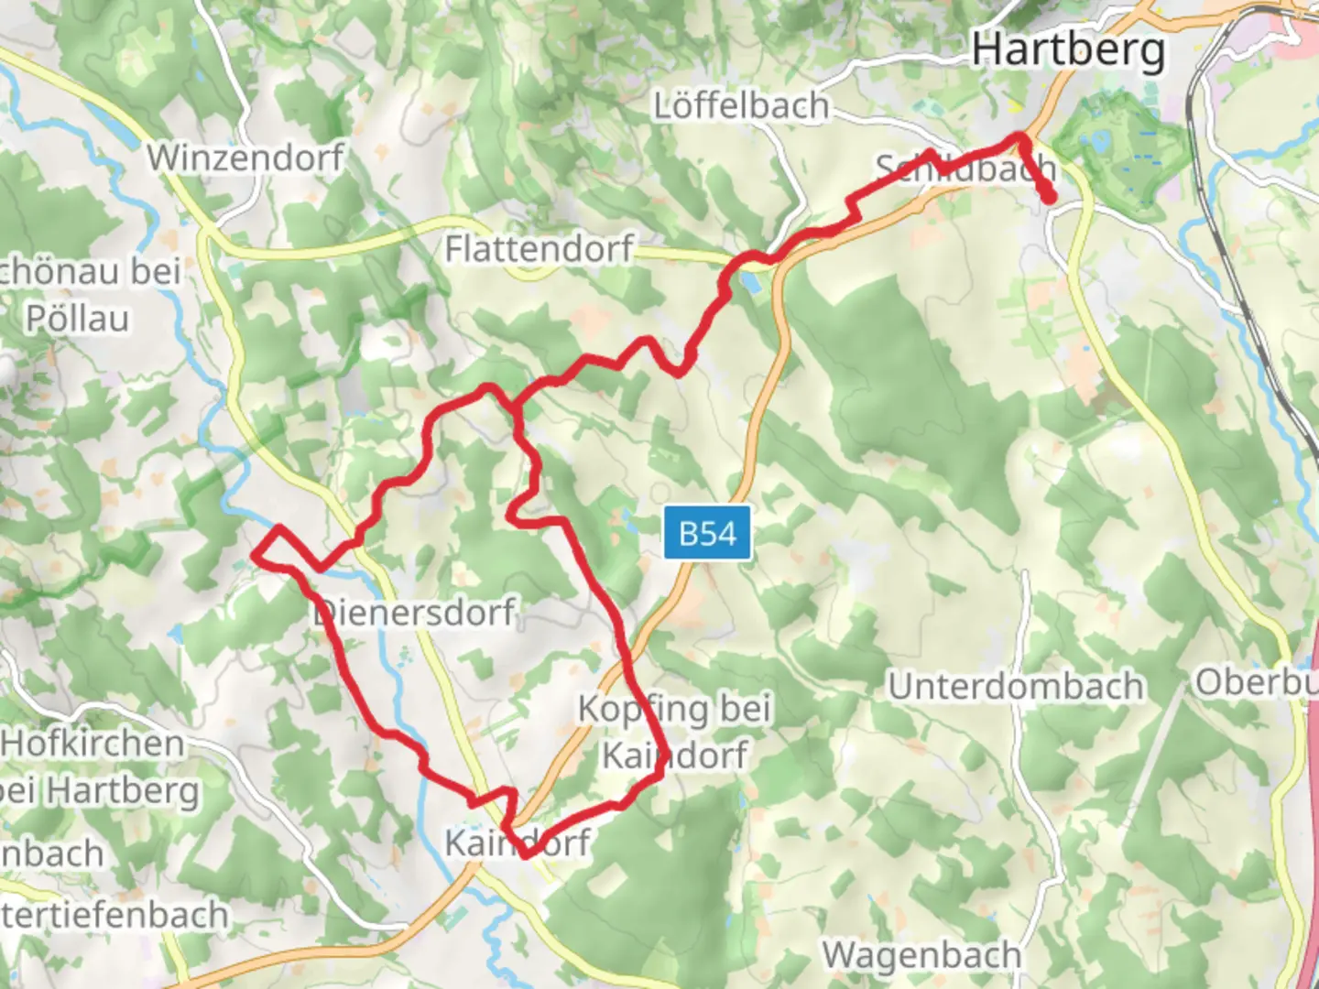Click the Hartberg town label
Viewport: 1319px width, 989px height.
1068,49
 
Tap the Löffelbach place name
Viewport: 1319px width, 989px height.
740,106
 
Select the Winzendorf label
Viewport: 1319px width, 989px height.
245,158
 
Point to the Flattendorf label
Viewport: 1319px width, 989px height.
539,248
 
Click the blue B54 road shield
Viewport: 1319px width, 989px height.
707,532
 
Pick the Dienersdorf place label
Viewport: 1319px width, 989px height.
415,612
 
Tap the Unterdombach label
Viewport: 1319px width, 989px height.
1016,686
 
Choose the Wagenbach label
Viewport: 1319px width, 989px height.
921,955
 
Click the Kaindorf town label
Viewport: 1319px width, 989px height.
518,842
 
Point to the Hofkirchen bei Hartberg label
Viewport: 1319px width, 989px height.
96,766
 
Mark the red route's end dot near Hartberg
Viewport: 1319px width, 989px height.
1048,196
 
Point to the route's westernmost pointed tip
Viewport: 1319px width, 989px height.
255,554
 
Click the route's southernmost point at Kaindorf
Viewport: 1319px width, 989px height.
525,854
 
